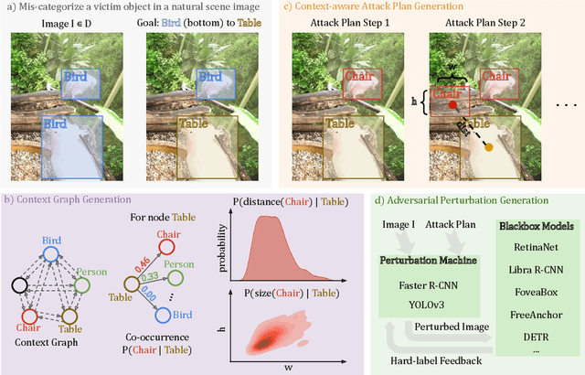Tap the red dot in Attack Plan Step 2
[x=452, y=105]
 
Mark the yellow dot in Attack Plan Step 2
[x=488, y=147]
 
